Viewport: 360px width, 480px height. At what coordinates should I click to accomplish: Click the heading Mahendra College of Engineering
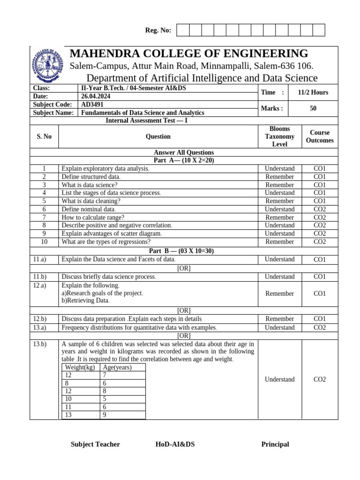point(189,53)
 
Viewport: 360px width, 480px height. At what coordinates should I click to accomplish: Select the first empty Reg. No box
point(183,30)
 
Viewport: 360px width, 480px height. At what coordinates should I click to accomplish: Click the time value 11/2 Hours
point(313,92)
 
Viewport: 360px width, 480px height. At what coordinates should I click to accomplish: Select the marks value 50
point(313,108)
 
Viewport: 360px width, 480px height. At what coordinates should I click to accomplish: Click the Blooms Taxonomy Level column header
point(279,136)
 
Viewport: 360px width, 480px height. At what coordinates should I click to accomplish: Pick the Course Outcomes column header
point(320,136)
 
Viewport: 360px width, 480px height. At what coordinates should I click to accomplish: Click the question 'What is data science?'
point(90,185)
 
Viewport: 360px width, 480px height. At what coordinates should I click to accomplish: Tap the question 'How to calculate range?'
point(93,217)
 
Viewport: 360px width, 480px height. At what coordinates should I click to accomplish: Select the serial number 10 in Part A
point(44,242)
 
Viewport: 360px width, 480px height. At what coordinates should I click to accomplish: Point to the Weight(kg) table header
point(80,367)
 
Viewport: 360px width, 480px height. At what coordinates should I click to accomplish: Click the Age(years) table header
point(117,367)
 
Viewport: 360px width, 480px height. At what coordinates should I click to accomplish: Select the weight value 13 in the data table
point(68,415)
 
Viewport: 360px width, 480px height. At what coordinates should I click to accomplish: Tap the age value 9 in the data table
point(105,415)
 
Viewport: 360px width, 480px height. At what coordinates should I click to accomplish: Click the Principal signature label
point(275,444)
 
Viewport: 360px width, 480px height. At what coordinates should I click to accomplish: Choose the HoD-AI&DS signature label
point(175,444)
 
